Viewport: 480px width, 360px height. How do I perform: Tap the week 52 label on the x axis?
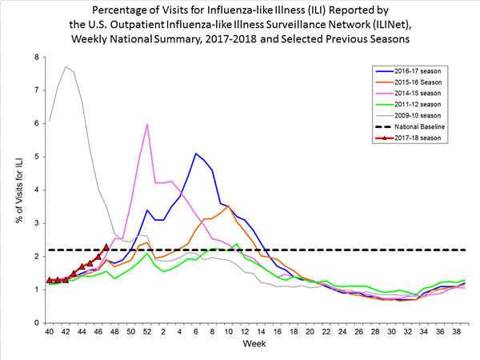(147, 332)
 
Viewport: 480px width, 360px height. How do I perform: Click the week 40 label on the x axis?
(50, 332)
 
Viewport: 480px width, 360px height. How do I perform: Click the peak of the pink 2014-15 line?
(147, 124)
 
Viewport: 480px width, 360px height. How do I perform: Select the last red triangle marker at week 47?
(106, 247)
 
